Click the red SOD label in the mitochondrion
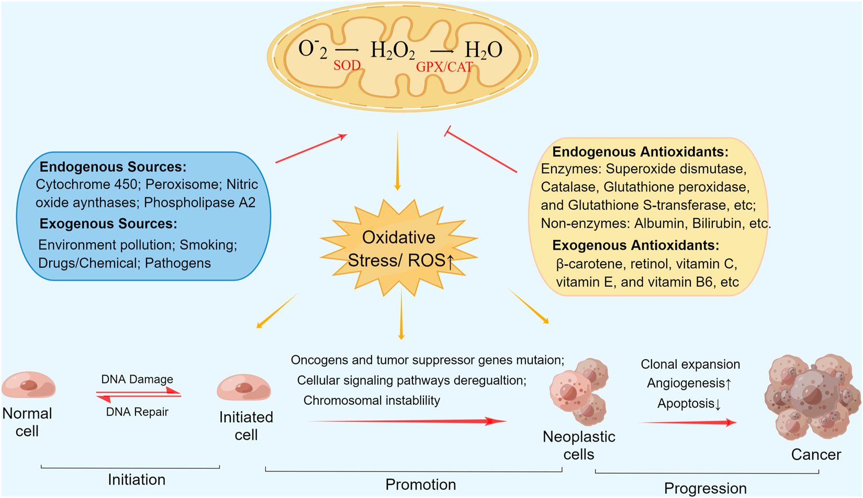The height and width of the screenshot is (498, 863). pyautogui.click(x=347, y=65)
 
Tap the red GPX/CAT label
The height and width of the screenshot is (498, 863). pyautogui.click(x=444, y=67)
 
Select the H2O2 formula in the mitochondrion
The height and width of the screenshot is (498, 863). pyautogui.click(x=393, y=50)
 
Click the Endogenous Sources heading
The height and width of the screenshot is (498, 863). pyautogui.click(x=113, y=167)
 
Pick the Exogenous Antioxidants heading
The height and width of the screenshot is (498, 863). pyautogui.click(x=635, y=245)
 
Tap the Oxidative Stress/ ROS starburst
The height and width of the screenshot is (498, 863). pyautogui.click(x=399, y=248)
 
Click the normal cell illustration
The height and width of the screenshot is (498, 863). pyautogui.click(x=29, y=386)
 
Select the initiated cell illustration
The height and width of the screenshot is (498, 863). pyautogui.click(x=244, y=388)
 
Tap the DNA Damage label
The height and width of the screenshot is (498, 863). pyautogui.click(x=137, y=379)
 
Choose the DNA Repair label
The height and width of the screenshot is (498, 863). pyautogui.click(x=137, y=412)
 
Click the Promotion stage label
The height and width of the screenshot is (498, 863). pyautogui.click(x=420, y=484)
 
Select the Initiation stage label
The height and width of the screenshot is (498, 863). pyautogui.click(x=137, y=480)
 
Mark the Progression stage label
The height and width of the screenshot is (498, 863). pyautogui.click(x=705, y=488)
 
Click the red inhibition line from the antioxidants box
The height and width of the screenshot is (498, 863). pyautogui.click(x=481, y=152)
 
